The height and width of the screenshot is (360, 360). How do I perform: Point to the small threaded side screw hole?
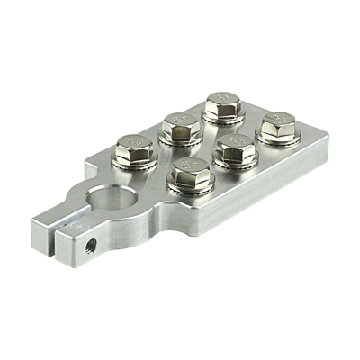90,243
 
